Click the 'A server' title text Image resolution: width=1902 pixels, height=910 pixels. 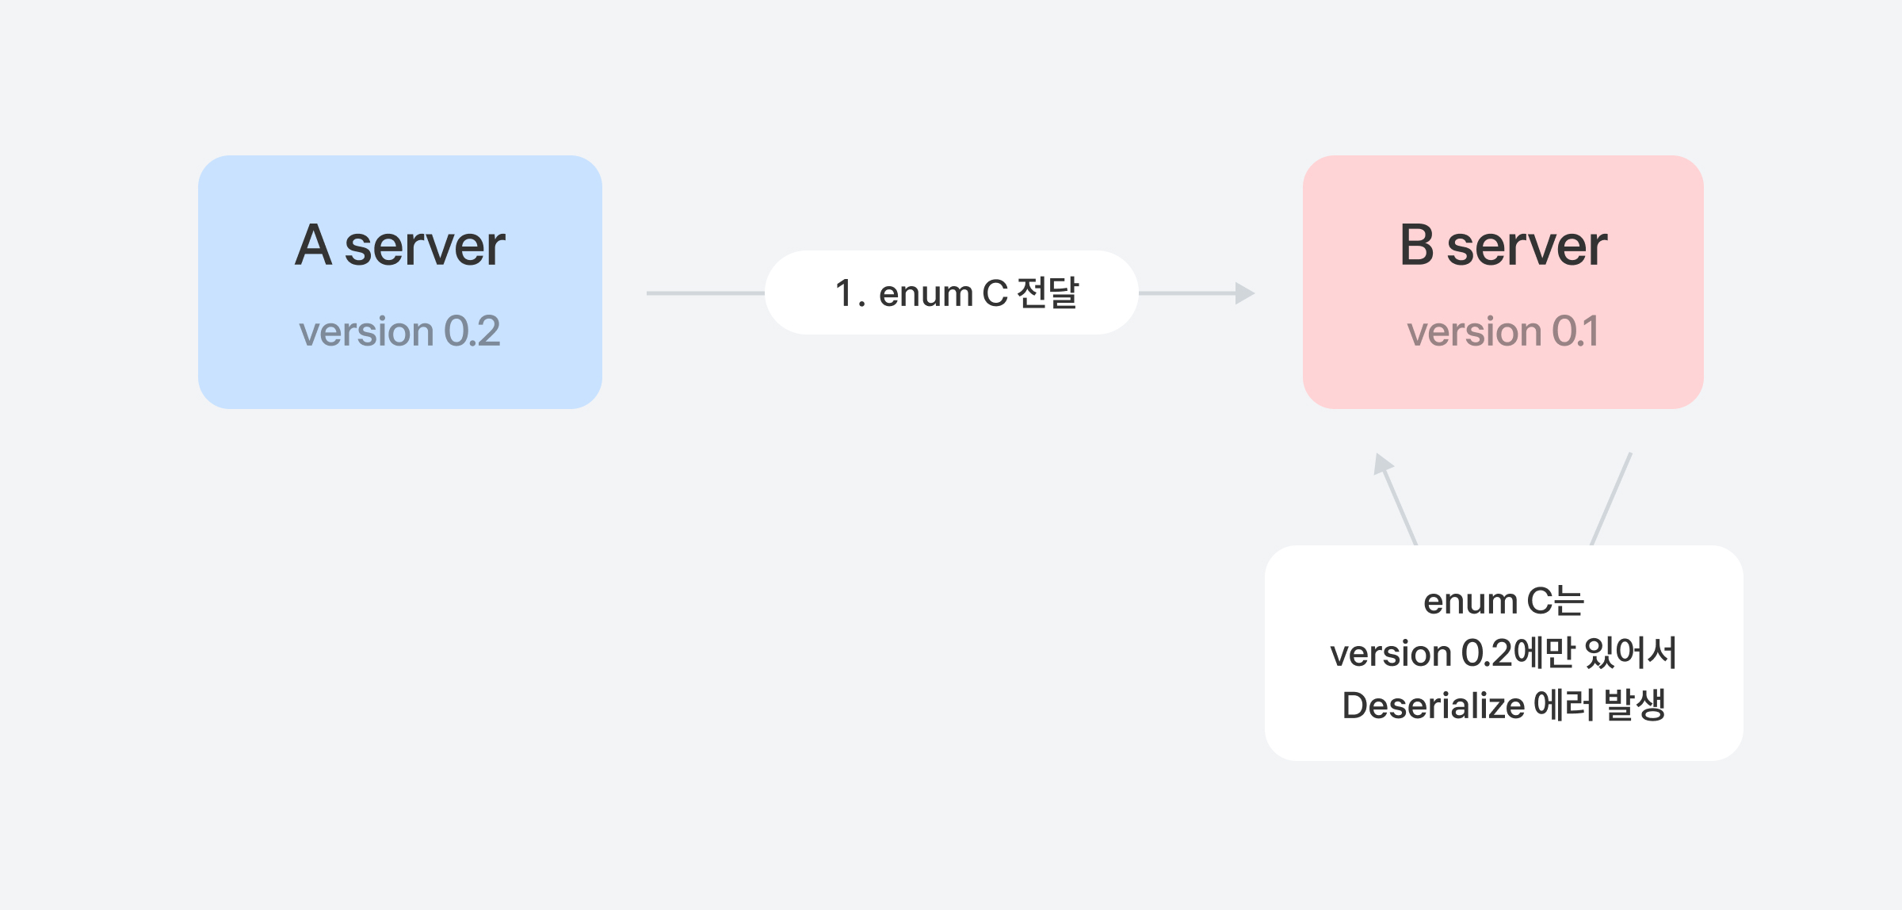click(x=400, y=245)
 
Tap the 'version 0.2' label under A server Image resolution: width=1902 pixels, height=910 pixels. click(x=399, y=331)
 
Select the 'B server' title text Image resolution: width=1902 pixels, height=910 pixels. click(x=1503, y=245)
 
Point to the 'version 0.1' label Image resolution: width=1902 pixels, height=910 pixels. click(x=1503, y=331)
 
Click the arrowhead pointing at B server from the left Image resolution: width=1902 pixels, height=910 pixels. click(x=1245, y=293)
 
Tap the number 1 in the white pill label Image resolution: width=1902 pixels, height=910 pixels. click(x=845, y=293)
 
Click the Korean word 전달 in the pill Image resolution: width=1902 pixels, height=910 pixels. click(x=1048, y=292)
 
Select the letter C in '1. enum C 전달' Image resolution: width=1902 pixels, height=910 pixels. click(x=995, y=293)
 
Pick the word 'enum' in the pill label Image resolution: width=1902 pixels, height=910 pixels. click(x=926, y=294)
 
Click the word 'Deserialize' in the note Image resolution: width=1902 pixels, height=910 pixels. click(x=1434, y=705)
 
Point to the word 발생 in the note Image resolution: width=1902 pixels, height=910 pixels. click(x=1635, y=705)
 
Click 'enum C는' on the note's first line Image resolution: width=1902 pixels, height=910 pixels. click(x=1503, y=601)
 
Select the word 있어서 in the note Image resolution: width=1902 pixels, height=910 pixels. click(x=1630, y=652)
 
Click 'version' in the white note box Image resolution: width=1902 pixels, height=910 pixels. click(x=1391, y=654)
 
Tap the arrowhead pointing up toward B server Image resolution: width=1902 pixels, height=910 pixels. click(x=1383, y=464)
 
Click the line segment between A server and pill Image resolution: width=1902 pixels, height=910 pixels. click(x=705, y=293)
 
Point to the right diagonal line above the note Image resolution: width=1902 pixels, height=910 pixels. click(x=1611, y=499)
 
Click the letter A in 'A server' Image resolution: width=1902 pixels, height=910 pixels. click(x=313, y=245)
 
